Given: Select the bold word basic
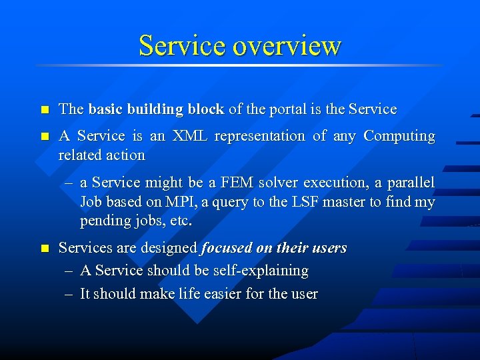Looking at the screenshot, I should point(105,109).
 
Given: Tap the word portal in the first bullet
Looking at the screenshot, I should point(289,109).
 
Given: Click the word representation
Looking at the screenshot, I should point(261,136).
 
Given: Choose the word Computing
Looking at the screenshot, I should point(399,136).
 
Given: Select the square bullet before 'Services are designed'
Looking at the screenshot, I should point(44,249).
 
